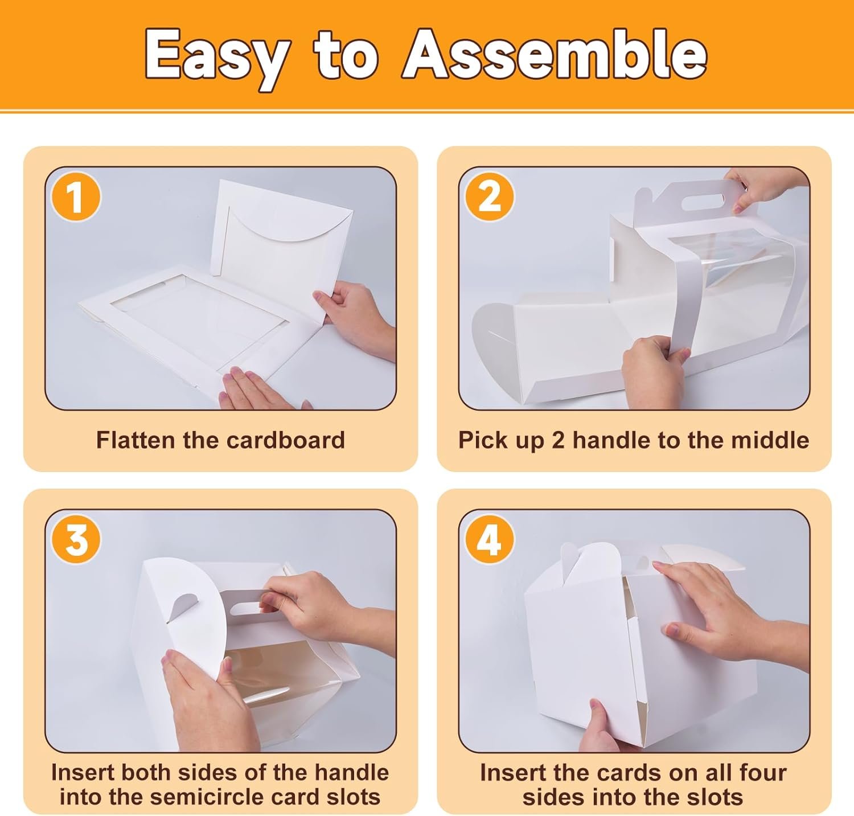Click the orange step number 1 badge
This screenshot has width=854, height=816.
click(x=76, y=197)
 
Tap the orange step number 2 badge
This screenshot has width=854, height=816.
click(x=489, y=197)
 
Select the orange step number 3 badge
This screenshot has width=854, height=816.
click(x=76, y=539)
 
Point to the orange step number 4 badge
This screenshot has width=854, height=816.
click(x=489, y=539)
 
